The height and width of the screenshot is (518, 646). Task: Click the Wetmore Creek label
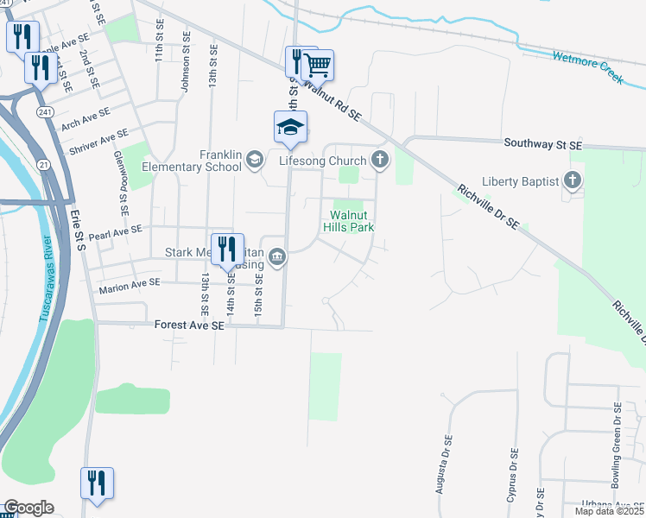point(587,67)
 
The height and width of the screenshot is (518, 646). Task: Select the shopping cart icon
point(317,65)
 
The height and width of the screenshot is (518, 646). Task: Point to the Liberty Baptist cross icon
point(571,180)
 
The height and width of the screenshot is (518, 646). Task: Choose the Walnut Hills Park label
point(351,221)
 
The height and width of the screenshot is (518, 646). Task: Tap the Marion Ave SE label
point(130,283)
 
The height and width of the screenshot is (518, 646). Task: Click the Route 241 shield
point(45,112)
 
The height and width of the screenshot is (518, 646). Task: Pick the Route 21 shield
point(44,164)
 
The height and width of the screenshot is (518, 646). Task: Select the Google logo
point(28,508)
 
